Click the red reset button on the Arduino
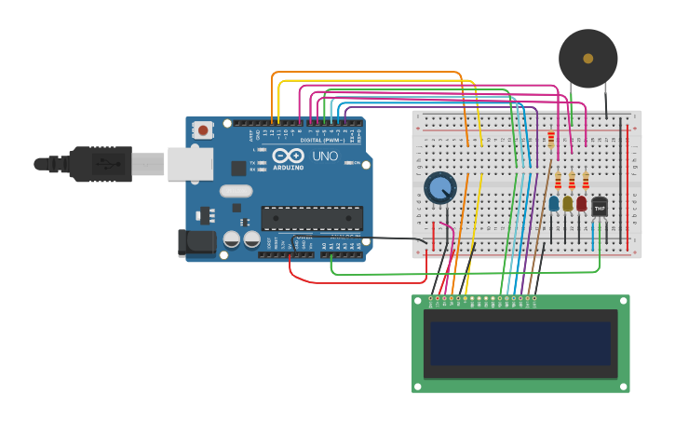(x=203, y=130)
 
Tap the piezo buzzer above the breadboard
(x=587, y=58)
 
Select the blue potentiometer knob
(x=439, y=188)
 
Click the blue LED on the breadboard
(x=554, y=203)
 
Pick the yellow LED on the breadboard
(x=568, y=203)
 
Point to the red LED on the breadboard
(x=582, y=203)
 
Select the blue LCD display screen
(x=520, y=343)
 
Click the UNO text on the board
(x=325, y=156)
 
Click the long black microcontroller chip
(x=312, y=218)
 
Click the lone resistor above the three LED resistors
(x=552, y=140)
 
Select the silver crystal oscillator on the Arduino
(x=236, y=191)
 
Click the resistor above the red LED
(x=586, y=180)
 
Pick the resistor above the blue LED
(x=558, y=180)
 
